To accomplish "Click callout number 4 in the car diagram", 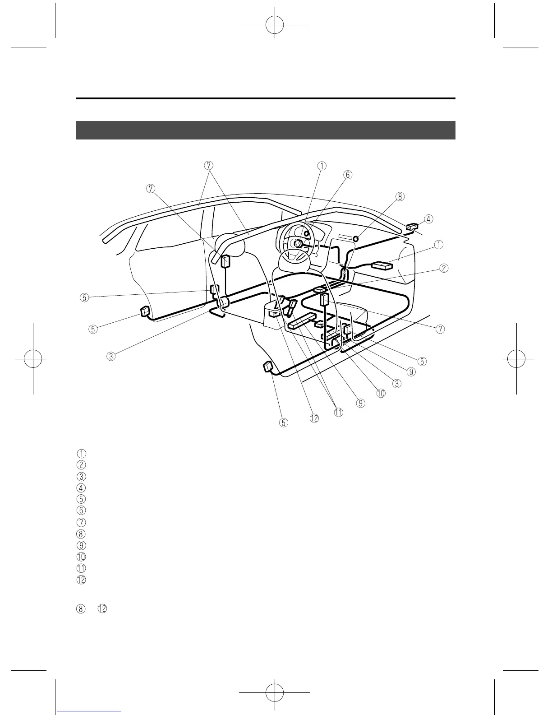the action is tap(428, 219).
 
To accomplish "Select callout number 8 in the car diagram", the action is tap(400, 196).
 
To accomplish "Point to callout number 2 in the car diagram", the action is tap(444, 268).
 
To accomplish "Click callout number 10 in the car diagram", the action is tap(381, 393).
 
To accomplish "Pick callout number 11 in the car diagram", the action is tap(338, 412).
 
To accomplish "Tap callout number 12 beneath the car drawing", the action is tap(314, 418).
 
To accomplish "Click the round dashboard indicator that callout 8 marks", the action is tap(356, 238).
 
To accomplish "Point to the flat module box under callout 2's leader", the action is tap(319, 289).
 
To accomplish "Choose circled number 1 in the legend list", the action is tap(81, 453).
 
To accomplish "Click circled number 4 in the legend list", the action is tap(81, 487).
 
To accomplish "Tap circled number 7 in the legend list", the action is tap(81, 522).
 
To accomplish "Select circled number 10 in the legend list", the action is tap(81, 557).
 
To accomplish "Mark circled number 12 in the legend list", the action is tap(81, 580).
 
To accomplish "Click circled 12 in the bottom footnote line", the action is tap(102, 608).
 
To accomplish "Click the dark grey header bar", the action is tap(265, 130).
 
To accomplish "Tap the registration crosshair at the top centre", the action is tap(274, 25).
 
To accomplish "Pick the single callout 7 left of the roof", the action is tap(151, 188).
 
